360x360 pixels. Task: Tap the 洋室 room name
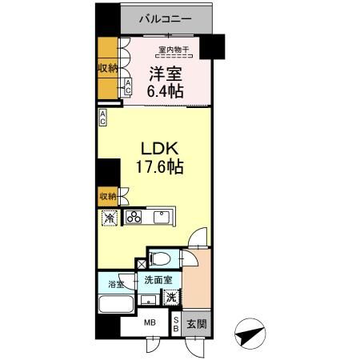164,75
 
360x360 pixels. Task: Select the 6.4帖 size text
164,92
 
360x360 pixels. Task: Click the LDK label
154,150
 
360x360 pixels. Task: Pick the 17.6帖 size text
154,168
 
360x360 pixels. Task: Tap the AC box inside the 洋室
127,88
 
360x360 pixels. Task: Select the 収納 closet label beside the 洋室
108,68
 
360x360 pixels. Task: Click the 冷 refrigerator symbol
108,217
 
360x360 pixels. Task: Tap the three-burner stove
134,217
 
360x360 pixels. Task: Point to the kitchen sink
163,217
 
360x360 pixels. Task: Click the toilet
161,261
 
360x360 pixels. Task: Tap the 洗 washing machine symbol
170,296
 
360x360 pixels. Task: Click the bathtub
115,305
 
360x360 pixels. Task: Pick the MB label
149,324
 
